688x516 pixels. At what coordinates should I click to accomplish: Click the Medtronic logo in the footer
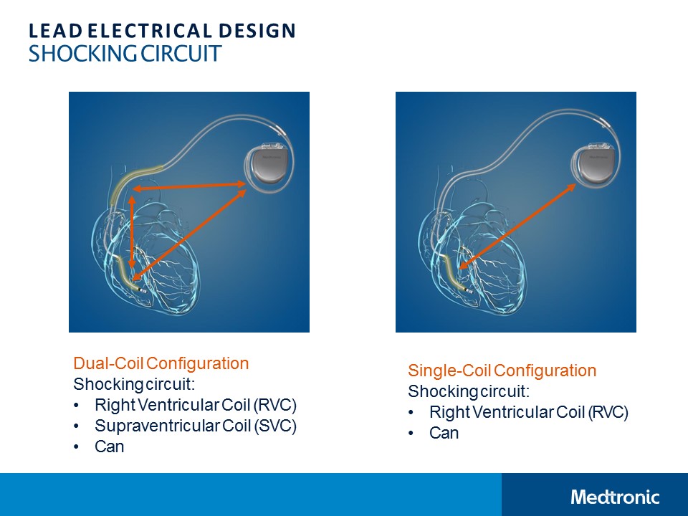point(615,497)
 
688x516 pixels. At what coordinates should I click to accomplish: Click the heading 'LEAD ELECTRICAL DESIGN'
point(162,31)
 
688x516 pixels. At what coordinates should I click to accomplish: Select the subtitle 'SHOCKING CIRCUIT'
point(125,54)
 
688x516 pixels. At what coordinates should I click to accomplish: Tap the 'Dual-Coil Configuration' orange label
point(161,363)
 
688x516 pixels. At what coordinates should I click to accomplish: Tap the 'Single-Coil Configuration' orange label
point(502,371)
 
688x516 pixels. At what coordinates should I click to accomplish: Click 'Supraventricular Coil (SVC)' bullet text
point(196,426)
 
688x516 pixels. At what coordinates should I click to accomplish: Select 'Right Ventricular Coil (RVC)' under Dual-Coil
point(196,405)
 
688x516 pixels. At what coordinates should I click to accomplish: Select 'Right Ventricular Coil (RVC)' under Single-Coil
point(529,412)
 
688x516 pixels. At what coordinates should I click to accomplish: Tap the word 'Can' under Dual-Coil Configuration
point(110,446)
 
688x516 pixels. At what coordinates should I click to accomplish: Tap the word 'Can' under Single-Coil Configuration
point(444,433)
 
